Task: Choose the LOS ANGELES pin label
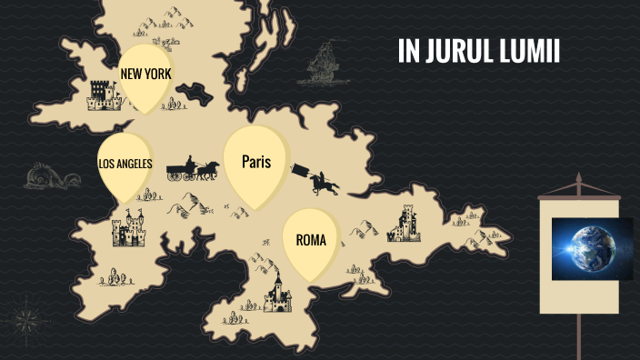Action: (125, 165)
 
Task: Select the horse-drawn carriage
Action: (192, 168)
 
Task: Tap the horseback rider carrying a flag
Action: (324, 183)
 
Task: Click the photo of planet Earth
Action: (591, 247)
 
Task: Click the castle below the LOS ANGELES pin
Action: (128, 230)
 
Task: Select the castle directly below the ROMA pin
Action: (277, 292)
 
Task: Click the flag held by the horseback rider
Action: (299, 169)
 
